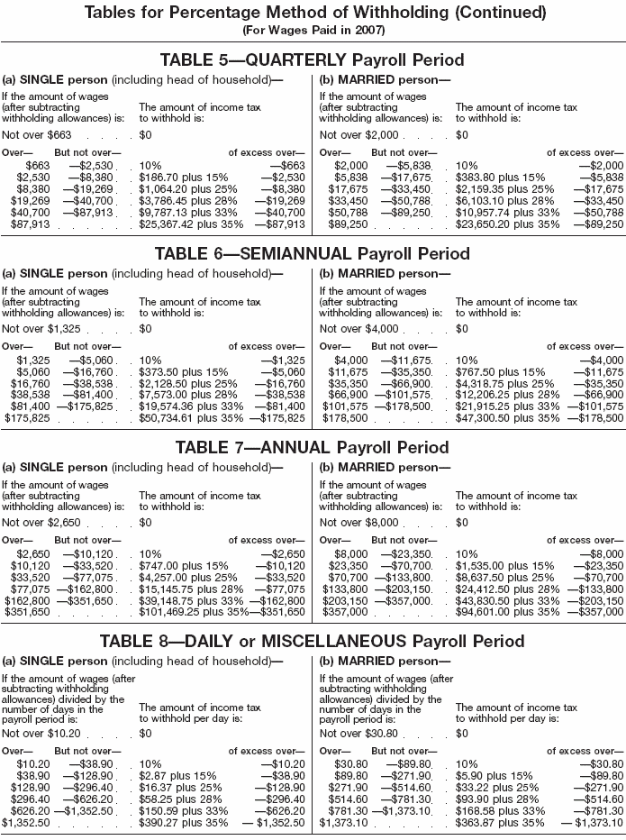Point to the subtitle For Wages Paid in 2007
coord(313,30)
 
